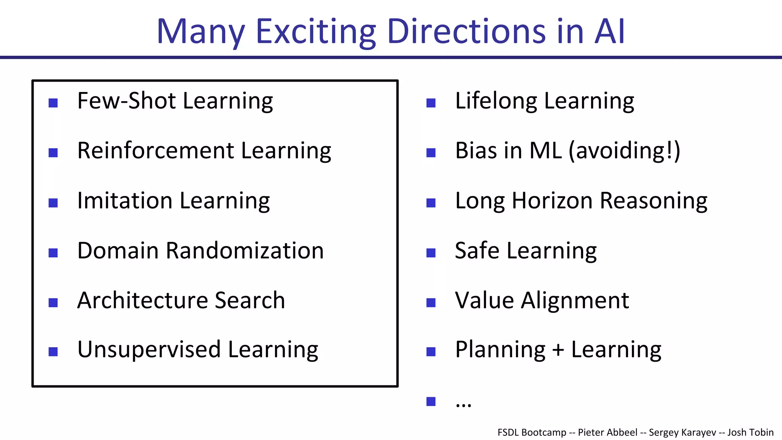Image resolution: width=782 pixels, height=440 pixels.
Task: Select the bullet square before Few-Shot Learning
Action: click(53, 103)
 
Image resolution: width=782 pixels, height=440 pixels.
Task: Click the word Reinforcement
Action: click(155, 150)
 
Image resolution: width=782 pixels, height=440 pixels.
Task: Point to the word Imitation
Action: click(124, 201)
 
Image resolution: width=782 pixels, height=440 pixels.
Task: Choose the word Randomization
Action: click(245, 251)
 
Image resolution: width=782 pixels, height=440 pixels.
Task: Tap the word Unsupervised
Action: click(149, 349)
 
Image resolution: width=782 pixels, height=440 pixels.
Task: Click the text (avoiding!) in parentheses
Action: click(625, 150)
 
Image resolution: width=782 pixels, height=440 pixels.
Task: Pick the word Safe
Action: click(477, 251)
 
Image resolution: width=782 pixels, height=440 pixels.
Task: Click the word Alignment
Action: click(575, 300)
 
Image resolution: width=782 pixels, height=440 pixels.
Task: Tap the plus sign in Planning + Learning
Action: click(558, 350)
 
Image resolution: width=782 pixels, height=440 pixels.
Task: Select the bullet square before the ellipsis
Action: click(431, 401)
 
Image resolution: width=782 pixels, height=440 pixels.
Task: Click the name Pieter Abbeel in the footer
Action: click(608, 432)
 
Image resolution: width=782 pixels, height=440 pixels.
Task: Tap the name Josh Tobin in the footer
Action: click(750, 432)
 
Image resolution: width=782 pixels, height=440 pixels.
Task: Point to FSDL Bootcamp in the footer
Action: click(532, 432)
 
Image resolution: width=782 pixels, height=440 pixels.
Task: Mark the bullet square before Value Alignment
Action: click(431, 302)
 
